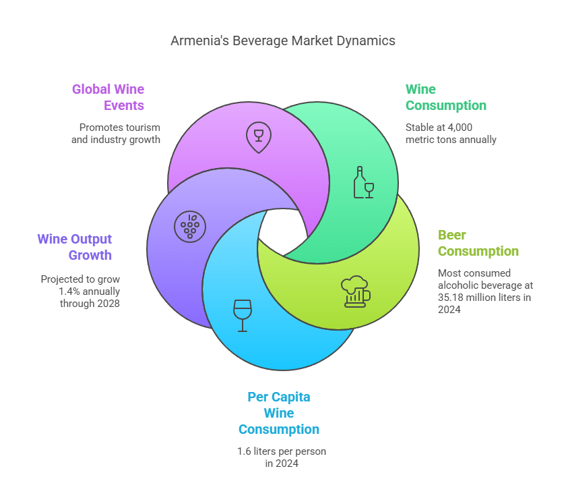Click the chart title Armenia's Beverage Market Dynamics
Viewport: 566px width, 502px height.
coord(283,41)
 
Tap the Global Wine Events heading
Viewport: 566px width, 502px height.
coord(108,97)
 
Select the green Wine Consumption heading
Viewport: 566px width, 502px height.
coord(446,97)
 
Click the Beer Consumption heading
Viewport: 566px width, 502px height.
coord(478,243)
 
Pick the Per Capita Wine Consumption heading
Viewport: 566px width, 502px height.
coord(279,413)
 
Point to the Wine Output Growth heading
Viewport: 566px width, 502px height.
coord(75,247)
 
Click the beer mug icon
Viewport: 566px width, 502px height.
coord(356,291)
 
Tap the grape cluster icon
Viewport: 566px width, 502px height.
coord(190,227)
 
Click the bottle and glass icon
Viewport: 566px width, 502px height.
coord(363,182)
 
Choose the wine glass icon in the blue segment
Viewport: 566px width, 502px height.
coord(243,316)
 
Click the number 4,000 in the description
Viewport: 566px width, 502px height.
coord(460,128)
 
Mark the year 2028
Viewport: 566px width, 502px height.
coord(108,304)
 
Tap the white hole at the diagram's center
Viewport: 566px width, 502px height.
coord(282,231)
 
